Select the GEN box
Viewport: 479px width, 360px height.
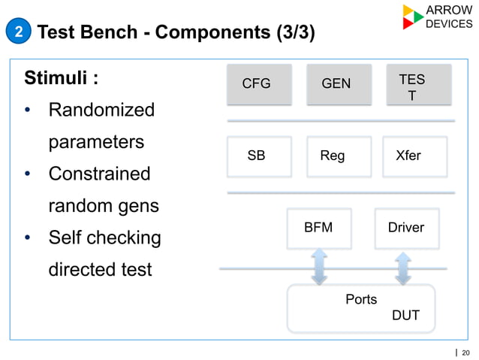336,83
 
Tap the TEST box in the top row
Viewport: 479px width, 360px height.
417,83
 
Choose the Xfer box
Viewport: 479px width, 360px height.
414,156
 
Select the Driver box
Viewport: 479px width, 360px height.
406,228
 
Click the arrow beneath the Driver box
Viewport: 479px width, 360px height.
404,268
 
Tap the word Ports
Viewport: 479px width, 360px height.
361,299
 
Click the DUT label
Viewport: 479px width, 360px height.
405,316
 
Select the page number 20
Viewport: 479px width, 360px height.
465,352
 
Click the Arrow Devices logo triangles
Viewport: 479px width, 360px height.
412,17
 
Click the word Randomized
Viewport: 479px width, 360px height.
101,110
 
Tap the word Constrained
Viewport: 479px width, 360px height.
99,174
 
